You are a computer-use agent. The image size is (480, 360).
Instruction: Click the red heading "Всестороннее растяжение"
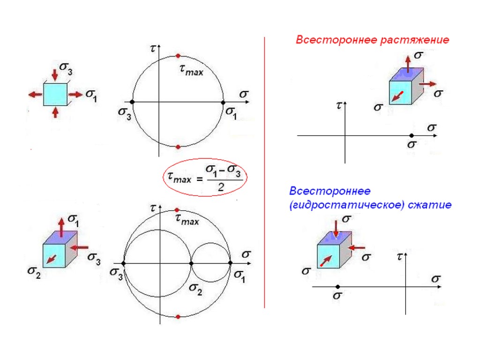click(x=372, y=40)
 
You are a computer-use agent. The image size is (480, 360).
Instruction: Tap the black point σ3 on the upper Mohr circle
click(x=132, y=102)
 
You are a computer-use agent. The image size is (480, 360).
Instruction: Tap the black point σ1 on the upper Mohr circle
click(x=223, y=102)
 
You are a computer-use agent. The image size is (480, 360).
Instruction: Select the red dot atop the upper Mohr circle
click(x=178, y=56)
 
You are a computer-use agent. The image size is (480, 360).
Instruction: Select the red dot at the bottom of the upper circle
click(x=178, y=147)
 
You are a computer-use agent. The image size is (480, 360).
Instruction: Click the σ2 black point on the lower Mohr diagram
click(x=191, y=263)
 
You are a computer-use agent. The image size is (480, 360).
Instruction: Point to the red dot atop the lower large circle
click(x=177, y=210)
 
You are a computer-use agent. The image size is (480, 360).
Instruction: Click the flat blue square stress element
click(x=55, y=94)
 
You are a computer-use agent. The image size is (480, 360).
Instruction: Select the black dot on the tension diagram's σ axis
click(x=412, y=135)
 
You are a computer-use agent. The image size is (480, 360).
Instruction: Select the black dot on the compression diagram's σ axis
click(x=337, y=286)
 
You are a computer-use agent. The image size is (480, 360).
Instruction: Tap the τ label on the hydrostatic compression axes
click(x=399, y=256)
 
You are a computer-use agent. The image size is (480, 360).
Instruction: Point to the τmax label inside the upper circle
click(x=191, y=71)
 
